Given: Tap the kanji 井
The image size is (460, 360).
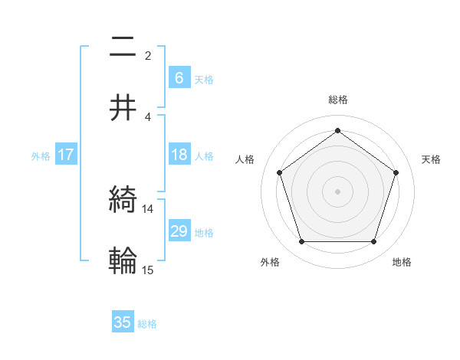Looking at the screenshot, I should pyautogui.click(x=123, y=107).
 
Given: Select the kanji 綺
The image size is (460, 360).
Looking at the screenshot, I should pyautogui.click(x=123, y=201).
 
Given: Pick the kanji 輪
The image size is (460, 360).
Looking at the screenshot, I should pyautogui.click(x=123, y=260).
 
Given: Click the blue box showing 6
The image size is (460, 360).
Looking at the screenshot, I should pyautogui.click(x=179, y=77).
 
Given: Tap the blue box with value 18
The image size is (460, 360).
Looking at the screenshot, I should pyautogui.click(x=179, y=155).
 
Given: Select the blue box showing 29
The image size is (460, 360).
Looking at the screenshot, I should pyautogui.click(x=179, y=231).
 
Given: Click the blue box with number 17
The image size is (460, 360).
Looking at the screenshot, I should pyautogui.click(x=66, y=155).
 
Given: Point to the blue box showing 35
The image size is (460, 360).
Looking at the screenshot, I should pyautogui.click(x=123, y=322).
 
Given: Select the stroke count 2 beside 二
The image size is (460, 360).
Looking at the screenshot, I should pyautogui.click(x=148, y=55).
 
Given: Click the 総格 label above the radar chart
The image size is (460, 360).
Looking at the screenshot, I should pyautogui.click(x=337, y=100).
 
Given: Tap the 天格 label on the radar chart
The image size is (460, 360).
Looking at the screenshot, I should pyautogui.click(x=431, y=159).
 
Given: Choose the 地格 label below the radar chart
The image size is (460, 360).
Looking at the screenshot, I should pyautogui.click(x=402, y=262).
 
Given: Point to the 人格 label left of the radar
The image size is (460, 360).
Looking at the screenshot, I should pyautogui.click(x=245, y=159).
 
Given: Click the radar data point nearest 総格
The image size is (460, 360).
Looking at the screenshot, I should pyautogui.click(x=337, y=131).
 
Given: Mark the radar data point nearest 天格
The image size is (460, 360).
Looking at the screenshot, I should pyautogui.click(x=396, y=172).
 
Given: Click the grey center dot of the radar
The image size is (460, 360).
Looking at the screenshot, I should pyautogui.click(x=337, y=191).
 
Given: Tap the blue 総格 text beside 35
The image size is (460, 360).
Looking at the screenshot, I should pyautogui.click(x=147, y=324).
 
